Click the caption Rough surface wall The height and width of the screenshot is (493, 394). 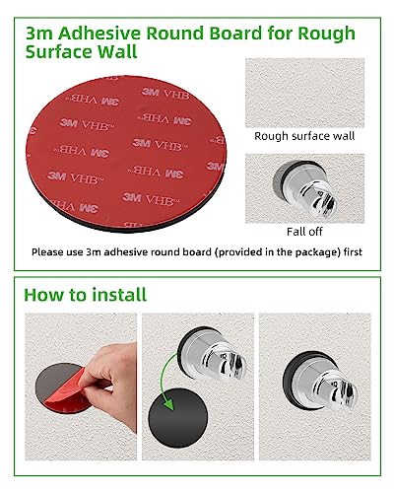tap(303, 138)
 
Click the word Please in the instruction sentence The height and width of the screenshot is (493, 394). tap(50, 252)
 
